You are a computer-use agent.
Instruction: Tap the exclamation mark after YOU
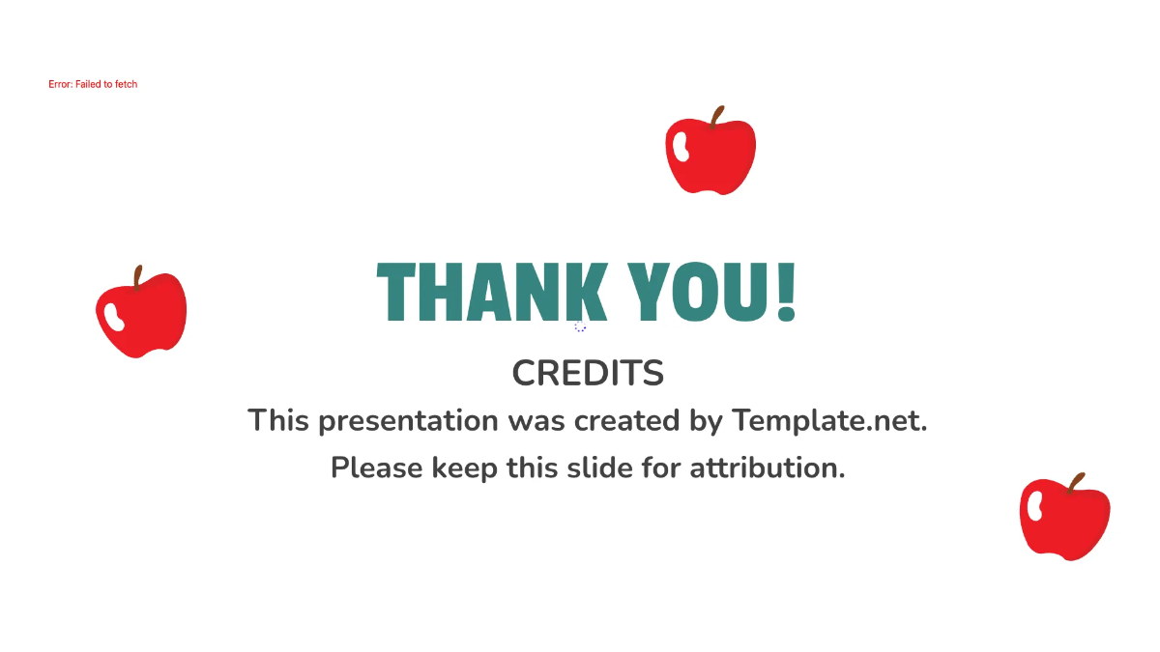tap(786, 292)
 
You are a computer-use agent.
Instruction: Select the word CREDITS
tap(588, 373)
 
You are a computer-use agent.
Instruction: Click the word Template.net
tap(829, 421)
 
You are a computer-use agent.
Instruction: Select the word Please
tap(377, 468)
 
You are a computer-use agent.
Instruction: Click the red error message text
tap(93, 85)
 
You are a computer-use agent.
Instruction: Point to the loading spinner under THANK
tap(580, 327)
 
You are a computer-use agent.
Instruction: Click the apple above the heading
tap(710, 155)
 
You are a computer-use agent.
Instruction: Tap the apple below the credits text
tap(1064, 520)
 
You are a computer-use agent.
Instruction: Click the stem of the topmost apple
tap(716, 117)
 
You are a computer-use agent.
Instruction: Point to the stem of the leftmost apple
tap(138, 277)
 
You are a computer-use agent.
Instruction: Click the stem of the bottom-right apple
tap(1075, 482)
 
